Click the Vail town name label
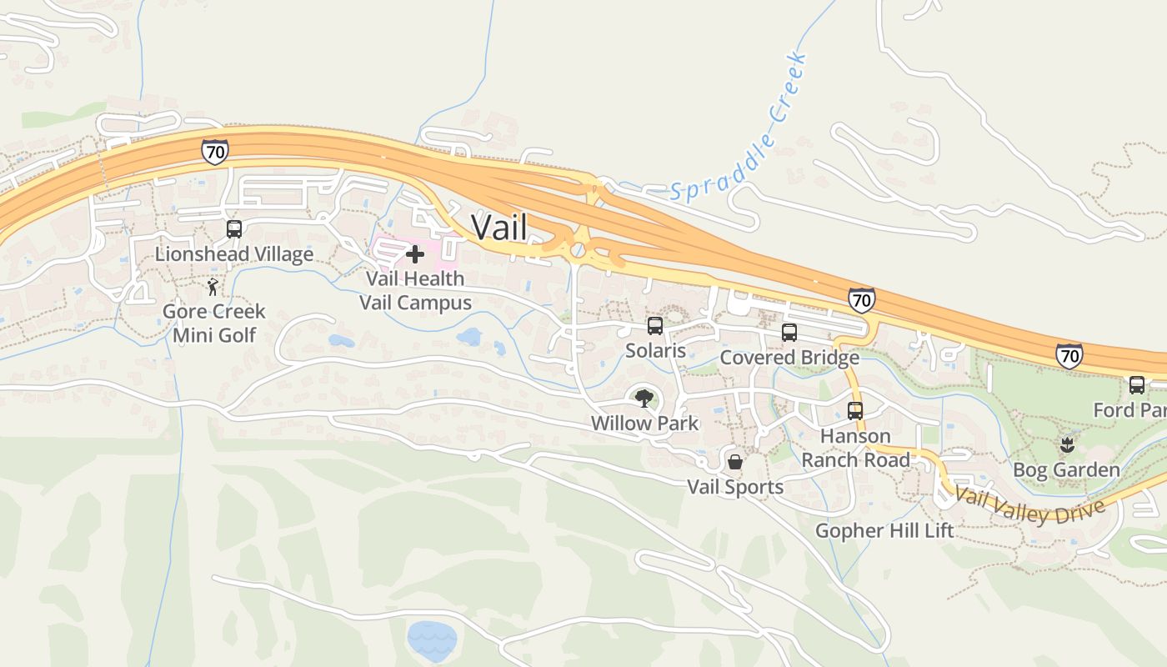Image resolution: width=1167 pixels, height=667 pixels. coord(499,227)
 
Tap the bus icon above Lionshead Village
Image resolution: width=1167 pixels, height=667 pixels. coord(234,229)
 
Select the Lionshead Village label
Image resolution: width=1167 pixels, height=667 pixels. coord(234,254)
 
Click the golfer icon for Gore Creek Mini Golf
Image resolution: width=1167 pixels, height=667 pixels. coord(213,288)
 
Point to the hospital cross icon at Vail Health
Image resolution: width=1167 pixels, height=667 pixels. coord(414,253)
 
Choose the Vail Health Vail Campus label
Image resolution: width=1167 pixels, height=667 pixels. coord(415,290)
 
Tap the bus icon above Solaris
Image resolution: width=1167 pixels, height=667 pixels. coord(655,326)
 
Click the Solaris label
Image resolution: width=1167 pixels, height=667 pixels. coord(656,350)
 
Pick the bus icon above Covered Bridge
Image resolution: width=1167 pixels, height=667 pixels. coord(789,333)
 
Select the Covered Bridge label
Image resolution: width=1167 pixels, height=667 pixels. coord(789,358)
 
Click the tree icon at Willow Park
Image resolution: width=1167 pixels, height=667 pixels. coord(644,399)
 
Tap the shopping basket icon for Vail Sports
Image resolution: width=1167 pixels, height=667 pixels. coord(735,461)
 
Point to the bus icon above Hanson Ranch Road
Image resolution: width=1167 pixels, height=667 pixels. coord(855,411)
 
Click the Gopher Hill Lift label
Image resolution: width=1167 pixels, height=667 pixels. coord(884,530)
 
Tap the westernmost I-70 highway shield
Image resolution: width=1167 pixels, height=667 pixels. coord(214,151)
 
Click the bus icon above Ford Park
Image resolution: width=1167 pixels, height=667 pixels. coord(1137,385)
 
